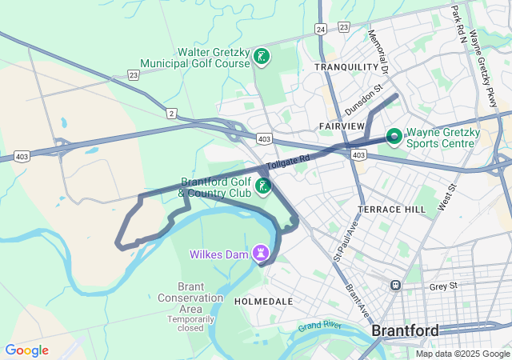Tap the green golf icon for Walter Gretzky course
[x=262, y=57]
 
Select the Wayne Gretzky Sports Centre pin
[x=394, y=136]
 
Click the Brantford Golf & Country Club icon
[x=262, y=186]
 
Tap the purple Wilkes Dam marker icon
[x=260, y=254]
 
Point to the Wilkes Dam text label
[x=218, y=254]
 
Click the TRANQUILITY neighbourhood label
[x=346, y=67]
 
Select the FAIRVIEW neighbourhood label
[x=342, y=126]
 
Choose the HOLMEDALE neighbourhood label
[x=263, y=302]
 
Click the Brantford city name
[x=405, y=330]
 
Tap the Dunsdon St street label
[x=364, y=101]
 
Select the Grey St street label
[x=442, y=286]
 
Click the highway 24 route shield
[x=320, y=28]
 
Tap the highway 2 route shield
[x=171, y=114]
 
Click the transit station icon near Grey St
[x=395, y=285]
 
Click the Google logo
[x=26, y=350]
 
